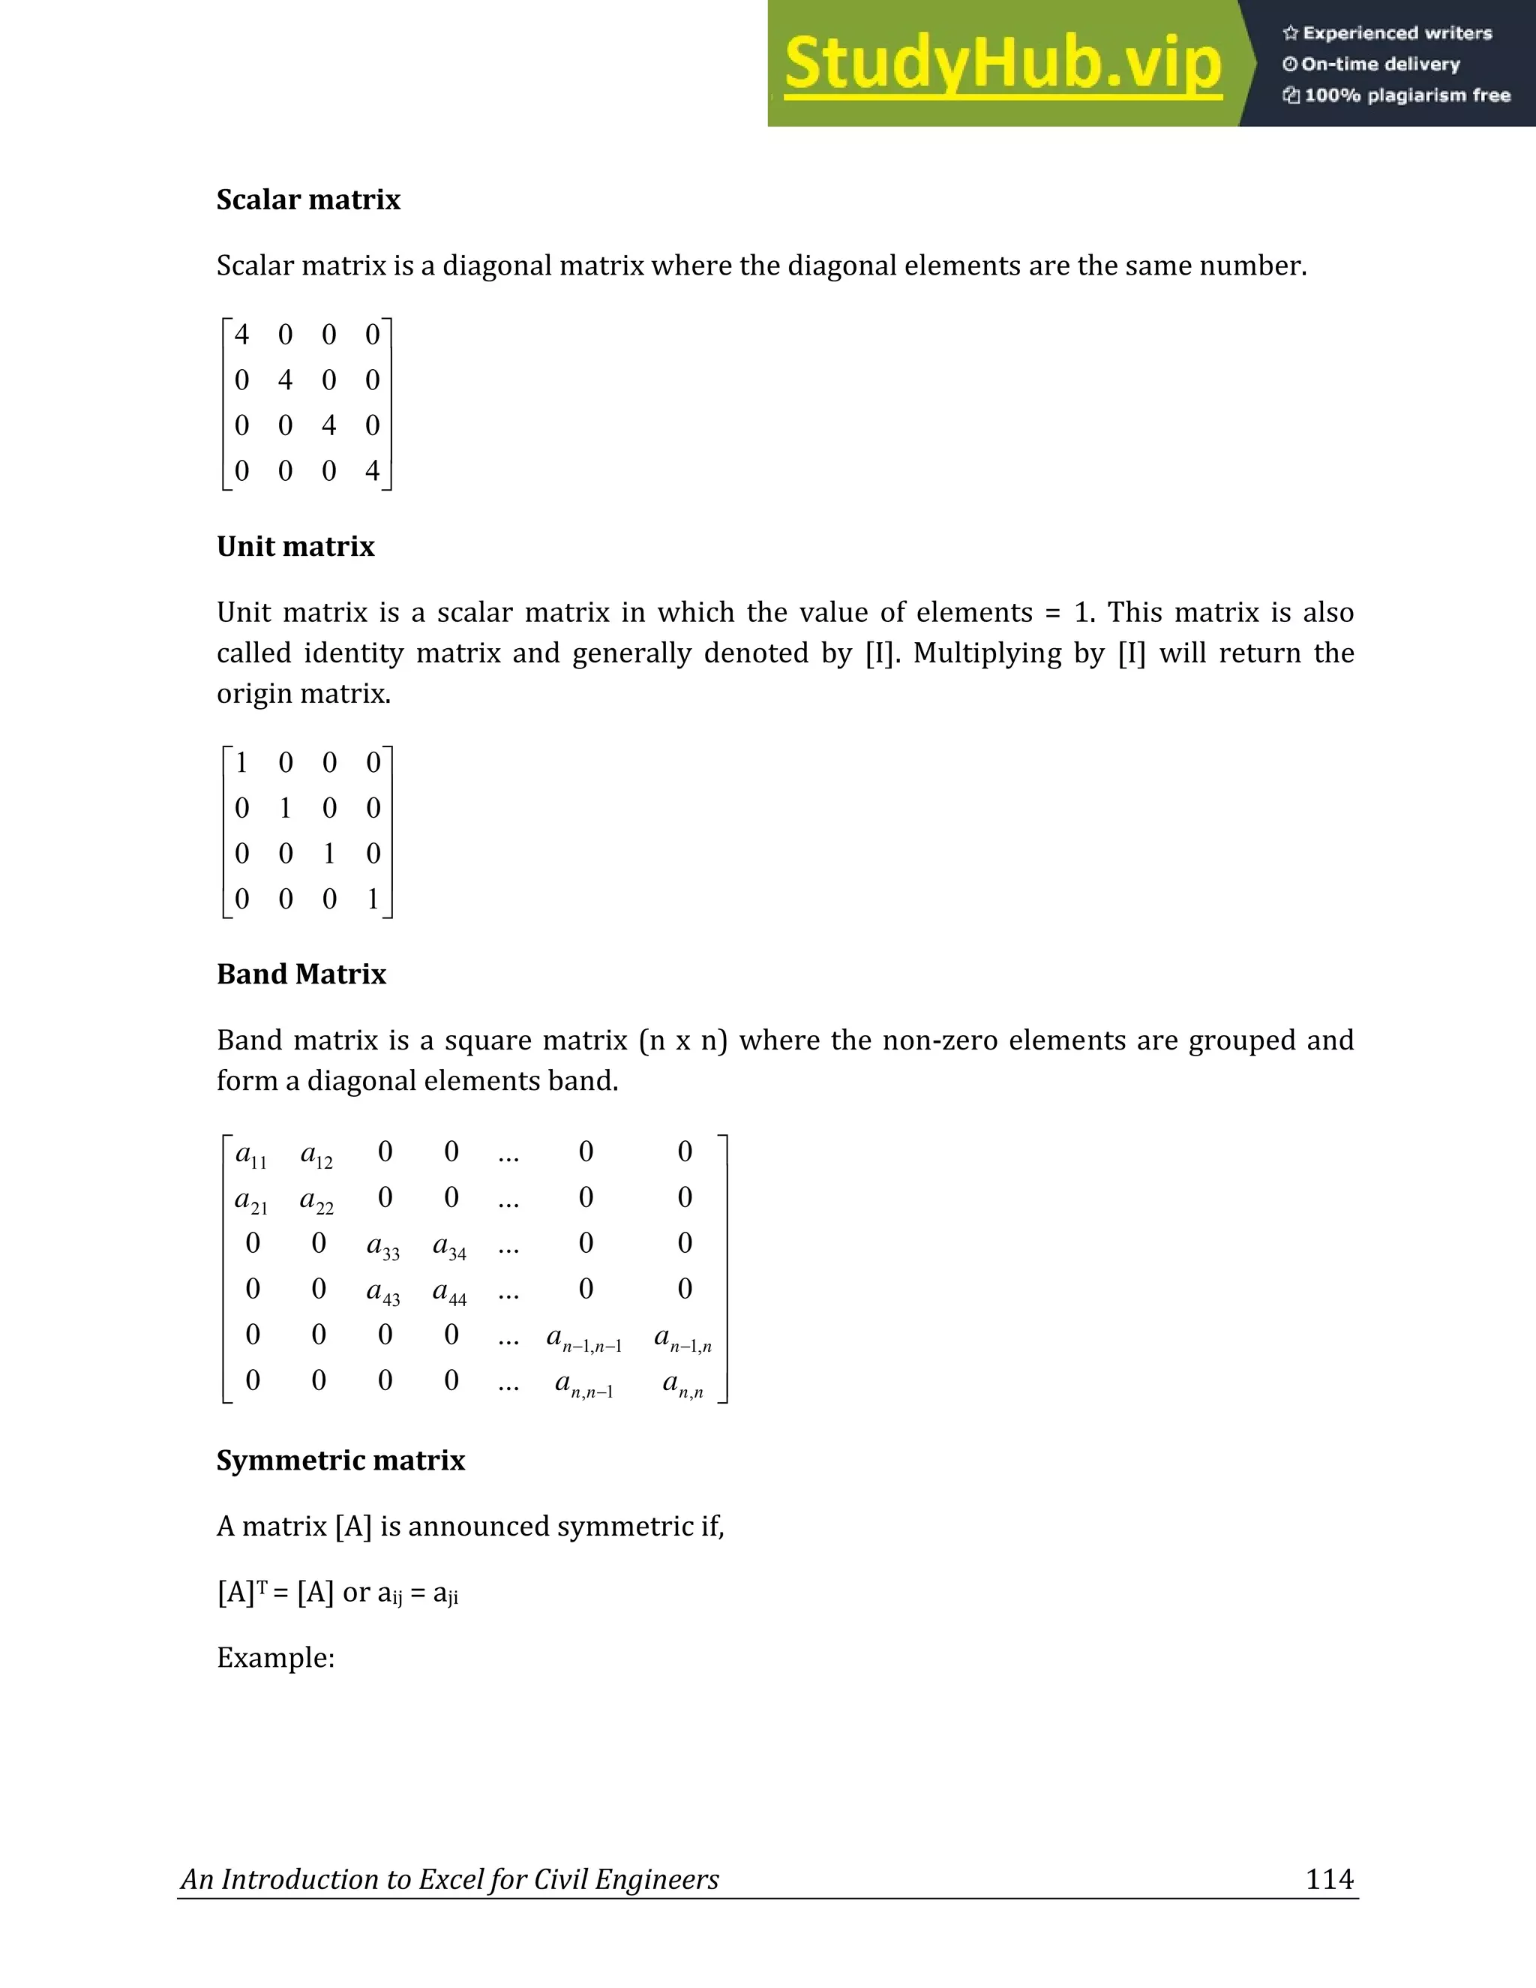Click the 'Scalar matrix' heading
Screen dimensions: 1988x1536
click(308, 200)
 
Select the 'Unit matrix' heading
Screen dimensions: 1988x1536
click(295, 546)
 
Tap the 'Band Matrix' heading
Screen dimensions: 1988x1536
click(301, 974)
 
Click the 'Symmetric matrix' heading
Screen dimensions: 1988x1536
click(340, 1460)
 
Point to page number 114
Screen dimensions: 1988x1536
click(1330, 1878)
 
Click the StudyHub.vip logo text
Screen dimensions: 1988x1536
click(1003, 64)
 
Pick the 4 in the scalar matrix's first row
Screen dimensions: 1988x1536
click(242, 335)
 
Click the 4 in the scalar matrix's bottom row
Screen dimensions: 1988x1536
click(372, 470)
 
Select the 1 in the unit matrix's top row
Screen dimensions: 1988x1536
click(242, 763)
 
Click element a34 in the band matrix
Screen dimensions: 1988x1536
click(449, 1246)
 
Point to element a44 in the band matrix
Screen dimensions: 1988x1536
click(449, 1292)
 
